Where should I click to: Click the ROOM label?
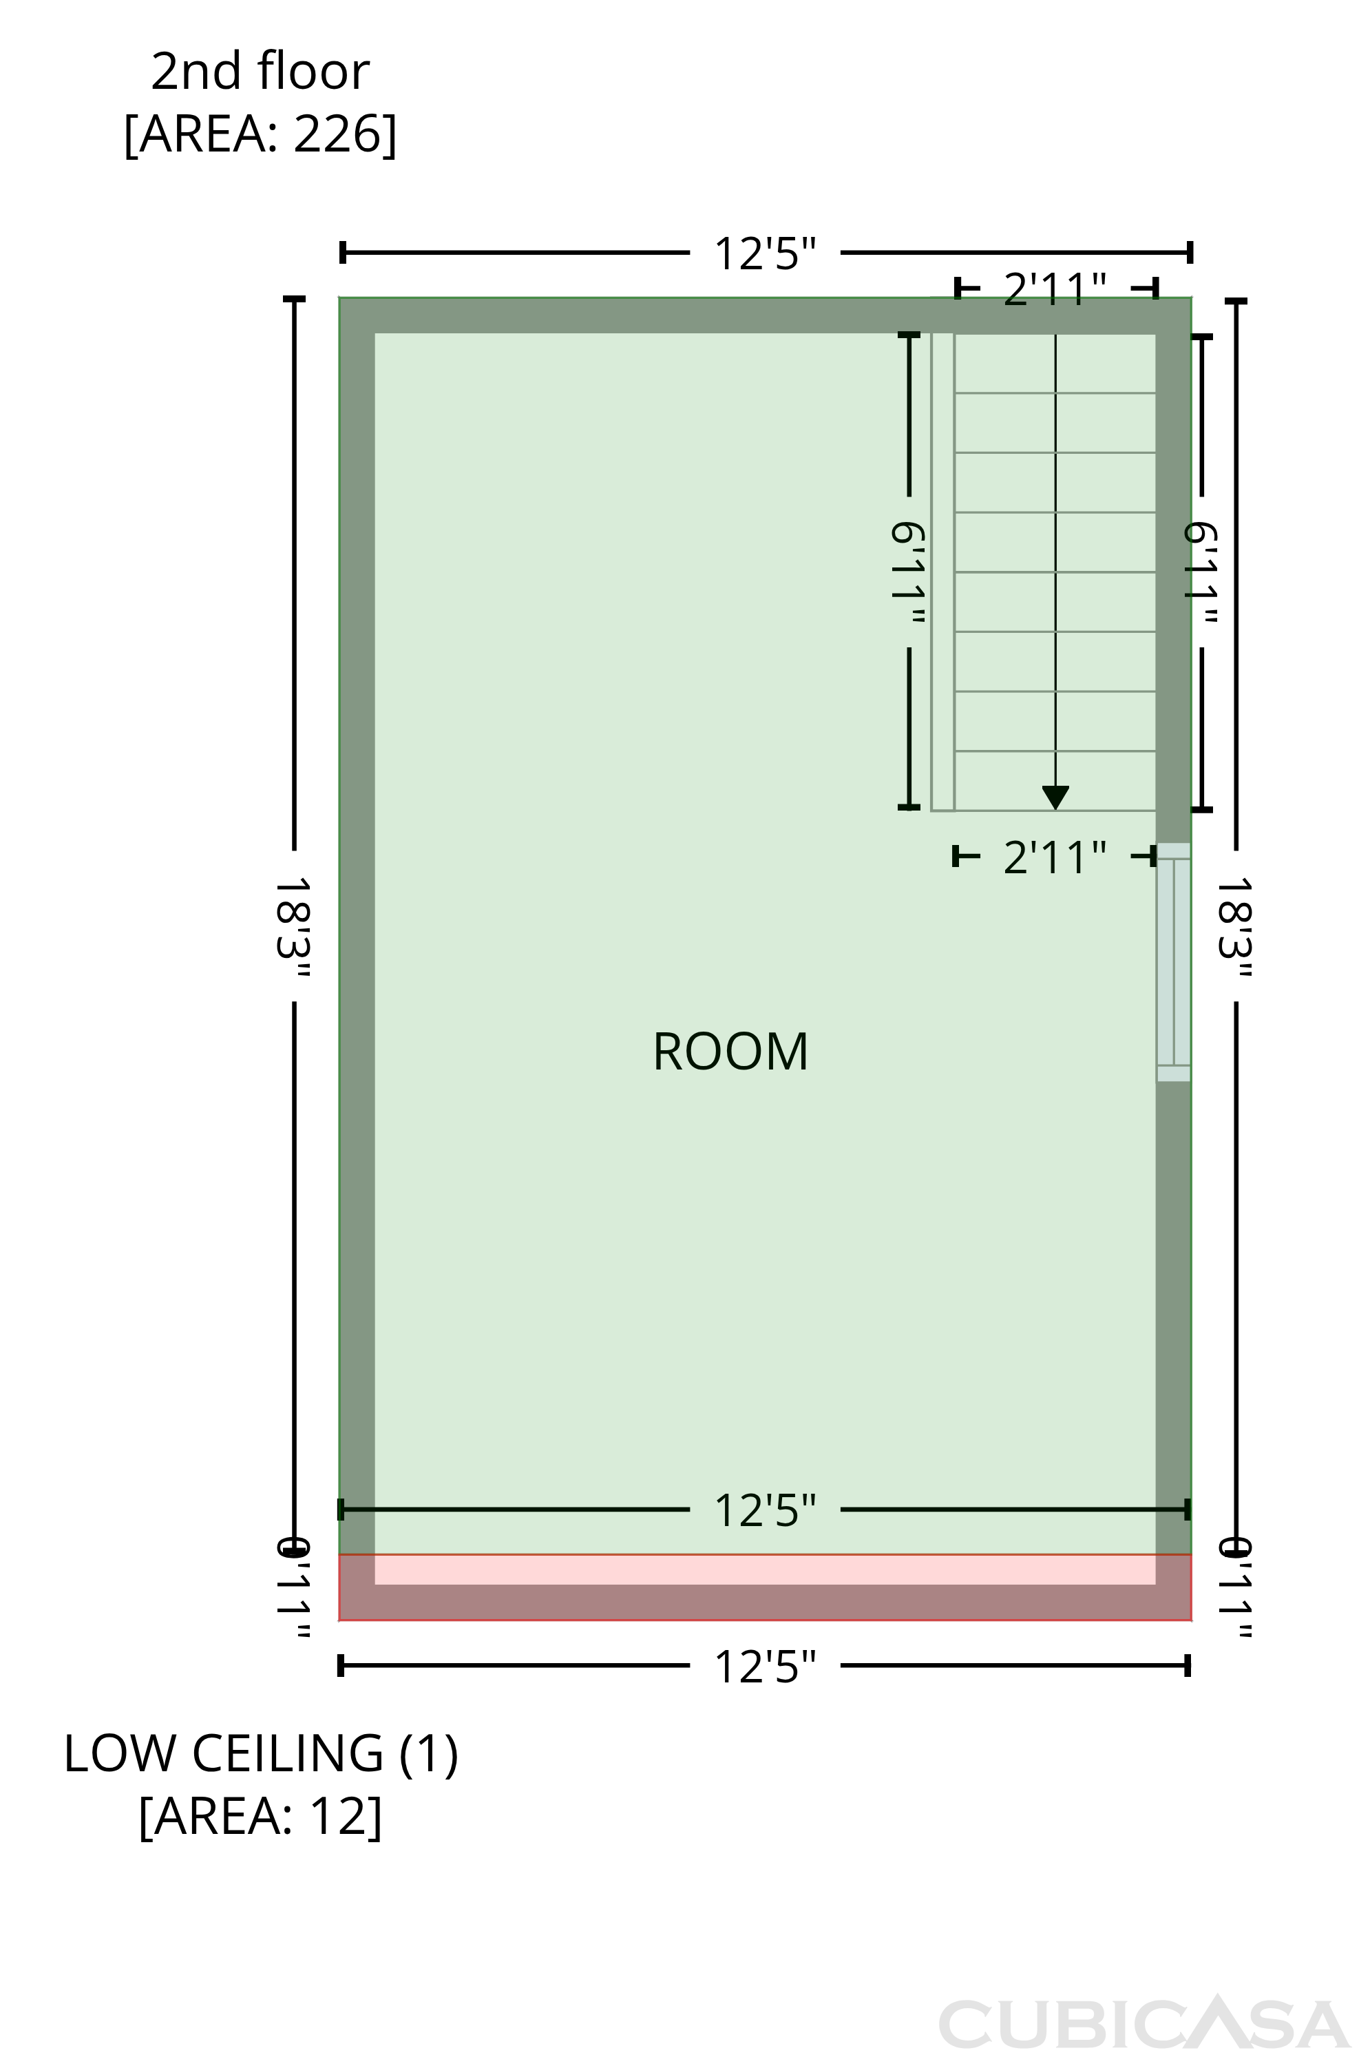(730, 1052)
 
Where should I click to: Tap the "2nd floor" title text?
(260, 71)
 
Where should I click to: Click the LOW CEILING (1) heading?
(260, 1754)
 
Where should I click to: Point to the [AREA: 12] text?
(260, 1817)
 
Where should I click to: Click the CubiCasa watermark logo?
(1145, 2024)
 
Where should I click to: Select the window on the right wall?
(1173, 962)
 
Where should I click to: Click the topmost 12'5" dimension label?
(766, 253)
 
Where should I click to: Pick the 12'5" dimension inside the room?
(766, 1510)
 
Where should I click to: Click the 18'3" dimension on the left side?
(293, 926)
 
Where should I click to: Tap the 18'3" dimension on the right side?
(1236, 926)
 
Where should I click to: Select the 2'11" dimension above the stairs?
(1055, 289)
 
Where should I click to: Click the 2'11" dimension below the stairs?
(1055, 857)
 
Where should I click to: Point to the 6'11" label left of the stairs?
(909, 572)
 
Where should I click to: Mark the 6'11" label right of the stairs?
(1201, 572)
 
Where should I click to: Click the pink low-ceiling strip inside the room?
(766, 1569)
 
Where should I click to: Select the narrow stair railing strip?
(942, 572)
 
